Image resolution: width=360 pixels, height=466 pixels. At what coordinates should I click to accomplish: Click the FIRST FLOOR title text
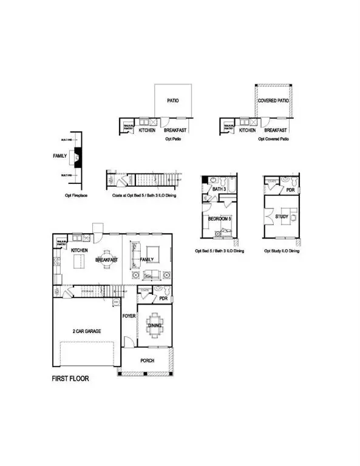point(70,378)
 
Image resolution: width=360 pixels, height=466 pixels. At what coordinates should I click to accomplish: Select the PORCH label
point(147,360)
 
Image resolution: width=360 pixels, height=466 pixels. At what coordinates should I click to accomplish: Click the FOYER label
point(129,316)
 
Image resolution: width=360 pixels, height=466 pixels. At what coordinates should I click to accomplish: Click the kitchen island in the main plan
point(80,262)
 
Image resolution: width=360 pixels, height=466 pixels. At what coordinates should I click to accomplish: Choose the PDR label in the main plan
point(163,299)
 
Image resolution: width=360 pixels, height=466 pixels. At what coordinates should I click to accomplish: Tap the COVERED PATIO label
point(273,101)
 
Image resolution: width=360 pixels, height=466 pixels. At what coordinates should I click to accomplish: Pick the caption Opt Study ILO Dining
point(281,251)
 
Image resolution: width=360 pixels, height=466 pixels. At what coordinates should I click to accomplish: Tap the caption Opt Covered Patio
point(273,139)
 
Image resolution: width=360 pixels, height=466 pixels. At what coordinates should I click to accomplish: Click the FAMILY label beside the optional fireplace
point(59,156)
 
